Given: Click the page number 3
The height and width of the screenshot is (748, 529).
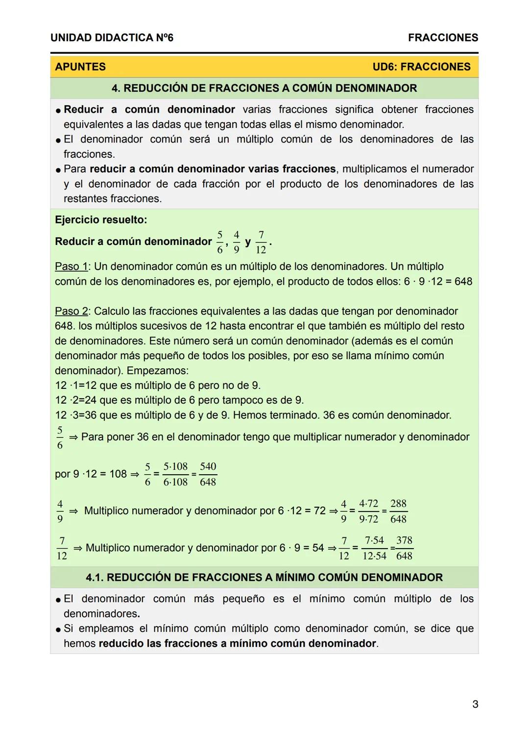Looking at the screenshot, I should (x=475, y=704).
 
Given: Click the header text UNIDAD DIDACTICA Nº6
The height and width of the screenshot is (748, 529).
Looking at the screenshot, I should (x=112, y=38).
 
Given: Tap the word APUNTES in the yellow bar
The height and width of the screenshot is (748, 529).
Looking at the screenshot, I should (x=80, y=67).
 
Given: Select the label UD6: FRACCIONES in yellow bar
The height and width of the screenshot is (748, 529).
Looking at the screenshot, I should (x=421, y=67).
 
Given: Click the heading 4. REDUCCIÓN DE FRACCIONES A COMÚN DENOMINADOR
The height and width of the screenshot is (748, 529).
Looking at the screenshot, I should (x=264, y=88).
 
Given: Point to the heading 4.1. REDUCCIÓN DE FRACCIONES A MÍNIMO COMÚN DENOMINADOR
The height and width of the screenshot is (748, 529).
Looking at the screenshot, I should (x=264, y=577).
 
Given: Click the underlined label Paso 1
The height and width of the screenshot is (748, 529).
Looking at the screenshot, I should (x=71, y=266).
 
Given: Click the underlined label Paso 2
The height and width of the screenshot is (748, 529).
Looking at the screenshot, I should (x=71, y=311).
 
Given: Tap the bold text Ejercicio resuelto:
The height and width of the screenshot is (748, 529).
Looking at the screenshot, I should (x=101, y=219).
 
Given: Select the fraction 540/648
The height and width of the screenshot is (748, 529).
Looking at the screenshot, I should (x=208, y=474).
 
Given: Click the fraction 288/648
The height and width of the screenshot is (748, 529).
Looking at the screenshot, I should (x=398, y=511).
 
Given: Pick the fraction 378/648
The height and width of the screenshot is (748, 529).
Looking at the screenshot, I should (x=404, y=548).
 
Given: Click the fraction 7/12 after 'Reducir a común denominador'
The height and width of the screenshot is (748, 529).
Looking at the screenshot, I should (x=261, y=242).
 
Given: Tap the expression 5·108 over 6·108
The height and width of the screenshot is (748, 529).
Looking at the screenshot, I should (x=175, y=474).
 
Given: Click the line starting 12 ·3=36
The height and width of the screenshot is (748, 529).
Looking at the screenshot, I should (x=253, y=415).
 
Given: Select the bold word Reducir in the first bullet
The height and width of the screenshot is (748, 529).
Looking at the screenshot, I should (x=84, y=109).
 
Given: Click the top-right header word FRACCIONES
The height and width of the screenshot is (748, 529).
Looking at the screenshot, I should (x=443, y=38).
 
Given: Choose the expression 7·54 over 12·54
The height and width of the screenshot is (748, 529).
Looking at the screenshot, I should (x=375, y=548).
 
